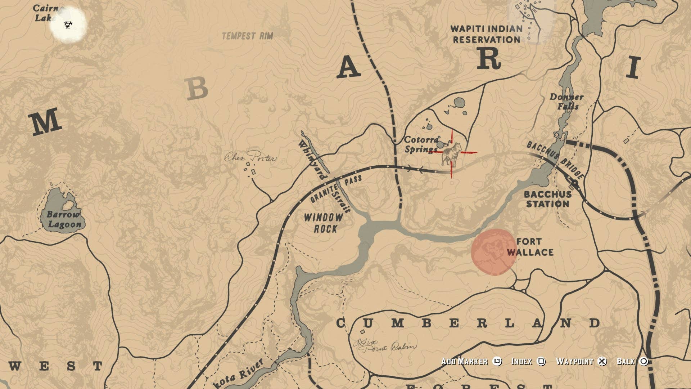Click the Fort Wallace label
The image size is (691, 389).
(530, 247)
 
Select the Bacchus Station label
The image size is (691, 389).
(547, 199)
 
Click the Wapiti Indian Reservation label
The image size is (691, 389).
(486, 34)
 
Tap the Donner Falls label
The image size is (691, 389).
(566, 102)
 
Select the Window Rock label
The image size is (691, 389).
(324, 223)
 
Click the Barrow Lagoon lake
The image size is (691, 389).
(61, 213)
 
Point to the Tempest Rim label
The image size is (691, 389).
(247, 36)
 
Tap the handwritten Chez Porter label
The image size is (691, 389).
(251, 157)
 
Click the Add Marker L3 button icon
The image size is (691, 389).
(497, 361)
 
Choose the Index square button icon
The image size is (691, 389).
(541, 361)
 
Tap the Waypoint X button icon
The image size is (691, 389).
(602, 361)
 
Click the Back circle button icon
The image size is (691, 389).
(644, 361)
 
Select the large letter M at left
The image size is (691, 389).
(45, 121)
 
